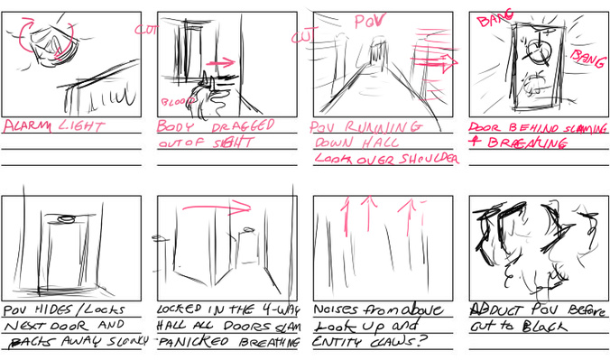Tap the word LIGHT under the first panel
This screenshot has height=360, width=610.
[x=82, y=127]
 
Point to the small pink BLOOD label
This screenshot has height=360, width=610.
[x=171, y=101]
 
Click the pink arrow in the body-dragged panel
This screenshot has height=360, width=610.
[x=221, y=63]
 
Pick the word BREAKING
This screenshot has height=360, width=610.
[x=518, y=143]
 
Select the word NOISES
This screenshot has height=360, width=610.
[x=340, y=309]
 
